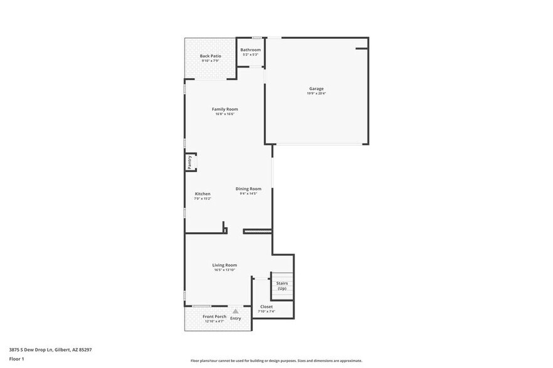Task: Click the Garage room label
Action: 316,88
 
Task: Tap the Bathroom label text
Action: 251,49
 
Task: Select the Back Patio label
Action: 210,56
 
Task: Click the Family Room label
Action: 224,109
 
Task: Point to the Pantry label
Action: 189,163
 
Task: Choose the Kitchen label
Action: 203,194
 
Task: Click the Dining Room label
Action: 248,188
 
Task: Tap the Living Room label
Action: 224,265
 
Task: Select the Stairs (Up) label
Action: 282,285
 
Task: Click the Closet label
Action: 266,307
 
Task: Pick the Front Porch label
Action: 214,317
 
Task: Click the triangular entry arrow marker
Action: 235,310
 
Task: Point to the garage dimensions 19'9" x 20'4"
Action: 316,93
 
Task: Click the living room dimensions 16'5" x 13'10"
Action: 224,270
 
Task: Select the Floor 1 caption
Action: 17,359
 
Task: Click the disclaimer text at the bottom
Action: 276,361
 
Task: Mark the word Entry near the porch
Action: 235,319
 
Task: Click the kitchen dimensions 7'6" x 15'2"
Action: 203,198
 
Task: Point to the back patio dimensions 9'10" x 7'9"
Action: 210,61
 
